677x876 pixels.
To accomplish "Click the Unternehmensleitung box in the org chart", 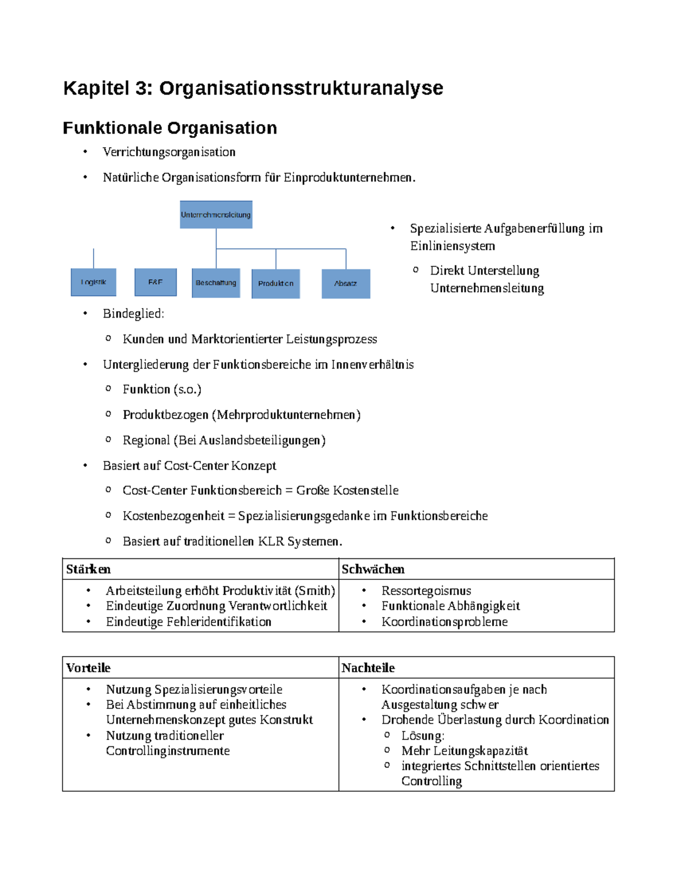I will tap(216, 215).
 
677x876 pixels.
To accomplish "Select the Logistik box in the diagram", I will tap(94, 282).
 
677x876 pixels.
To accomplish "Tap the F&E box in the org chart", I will tap(155, 282).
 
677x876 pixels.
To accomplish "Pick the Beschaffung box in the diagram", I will tap(216, 283).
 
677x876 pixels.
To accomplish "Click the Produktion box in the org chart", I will tap(276, 283).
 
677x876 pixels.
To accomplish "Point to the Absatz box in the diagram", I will tap(346, 284).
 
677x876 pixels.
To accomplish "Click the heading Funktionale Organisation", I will tap(170, 128).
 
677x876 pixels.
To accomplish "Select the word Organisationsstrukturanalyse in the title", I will tap(301, 88).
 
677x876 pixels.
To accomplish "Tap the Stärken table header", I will tap(89, 569).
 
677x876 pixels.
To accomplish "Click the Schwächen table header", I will tap(373, 569).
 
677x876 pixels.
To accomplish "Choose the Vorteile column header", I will tap(89, 668).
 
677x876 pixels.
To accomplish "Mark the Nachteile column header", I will tap(368, 668).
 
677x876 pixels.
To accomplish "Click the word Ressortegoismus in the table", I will tap(426, 591).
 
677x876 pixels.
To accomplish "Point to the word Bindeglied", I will tap(133, 314).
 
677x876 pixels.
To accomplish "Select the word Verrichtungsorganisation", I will tap(169, 152).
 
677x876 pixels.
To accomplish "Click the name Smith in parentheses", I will tap(315, 591).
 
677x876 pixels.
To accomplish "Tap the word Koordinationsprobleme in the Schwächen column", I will tap(444, 622).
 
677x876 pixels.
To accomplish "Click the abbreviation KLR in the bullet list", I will tap(271, 542).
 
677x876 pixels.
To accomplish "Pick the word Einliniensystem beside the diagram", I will tap(452, 246).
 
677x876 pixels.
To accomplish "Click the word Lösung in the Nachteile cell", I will tap(422, 736).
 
